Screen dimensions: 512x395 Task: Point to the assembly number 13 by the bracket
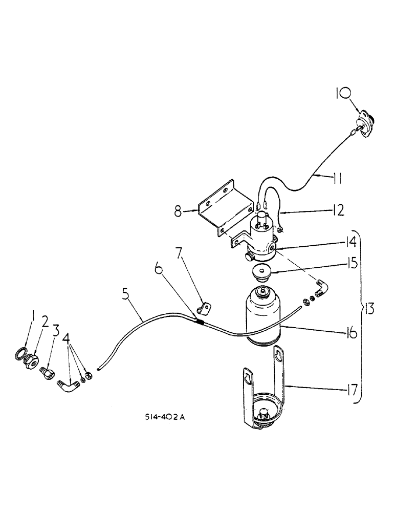370,309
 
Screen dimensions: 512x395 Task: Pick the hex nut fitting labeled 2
32,360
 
